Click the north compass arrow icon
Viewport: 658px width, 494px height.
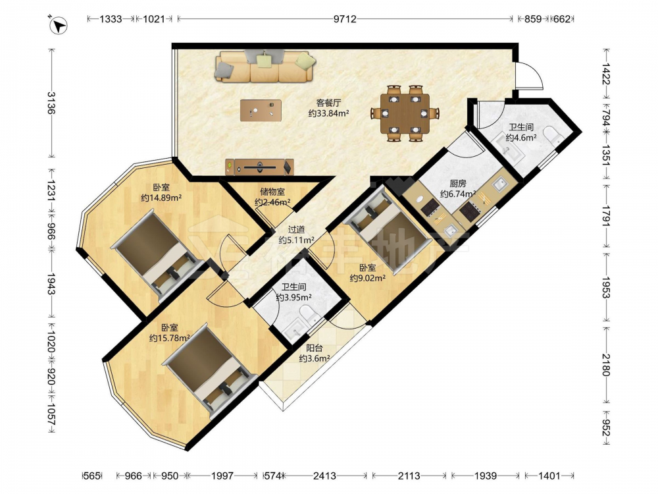pos(59,24)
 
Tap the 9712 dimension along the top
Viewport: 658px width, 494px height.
pos(345,19)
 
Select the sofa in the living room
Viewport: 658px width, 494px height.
pos(265,67)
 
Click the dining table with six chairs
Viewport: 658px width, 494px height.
pos(405,113)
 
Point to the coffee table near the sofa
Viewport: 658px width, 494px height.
pos(261,111)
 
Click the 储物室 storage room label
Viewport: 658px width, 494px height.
pos(272,192)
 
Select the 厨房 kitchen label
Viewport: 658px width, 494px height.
pos(458,184)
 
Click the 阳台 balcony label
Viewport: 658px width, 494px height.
pos(315,348)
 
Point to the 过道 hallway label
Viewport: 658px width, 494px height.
pos(296,230)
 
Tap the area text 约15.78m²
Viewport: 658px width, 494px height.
pos(170,338)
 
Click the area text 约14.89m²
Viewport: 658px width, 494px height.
pos(161,198)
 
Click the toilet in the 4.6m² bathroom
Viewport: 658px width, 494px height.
pos(553,137)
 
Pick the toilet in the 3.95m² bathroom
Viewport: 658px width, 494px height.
pos(310,314)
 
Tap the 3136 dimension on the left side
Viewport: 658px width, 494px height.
pos(51,103)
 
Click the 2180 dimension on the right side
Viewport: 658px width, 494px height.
pos(605,365)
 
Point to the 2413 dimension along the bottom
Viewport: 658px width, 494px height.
pos(324,476)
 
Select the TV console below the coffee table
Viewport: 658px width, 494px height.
pos(259,167)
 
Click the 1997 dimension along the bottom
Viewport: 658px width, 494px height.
pos(222,476)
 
